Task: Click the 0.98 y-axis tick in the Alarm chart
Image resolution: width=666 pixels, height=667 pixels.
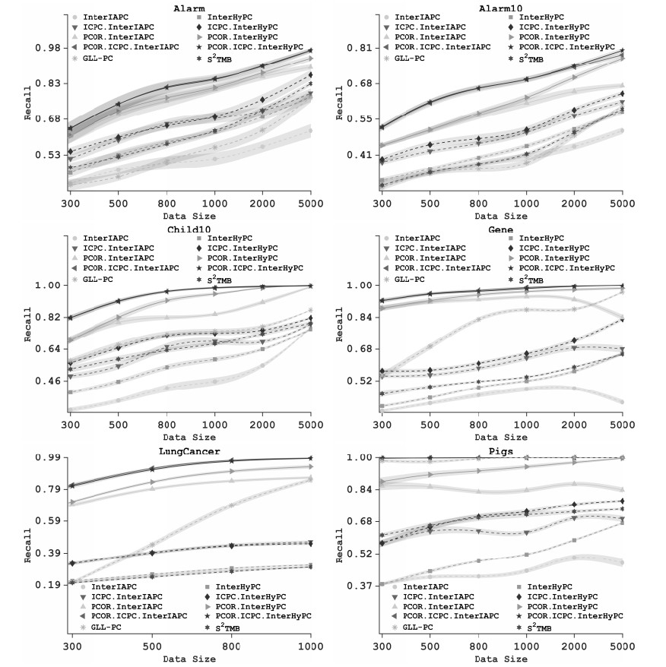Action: click(47, 48)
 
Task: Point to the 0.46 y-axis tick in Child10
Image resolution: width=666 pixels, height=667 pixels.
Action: click(47, 381)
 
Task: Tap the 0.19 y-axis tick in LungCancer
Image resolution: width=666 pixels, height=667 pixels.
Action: click(47, 584)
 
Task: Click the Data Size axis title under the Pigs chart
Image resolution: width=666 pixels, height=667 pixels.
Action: click(501, 659)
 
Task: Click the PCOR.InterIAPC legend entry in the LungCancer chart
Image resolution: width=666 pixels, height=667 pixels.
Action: click(122, 606)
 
